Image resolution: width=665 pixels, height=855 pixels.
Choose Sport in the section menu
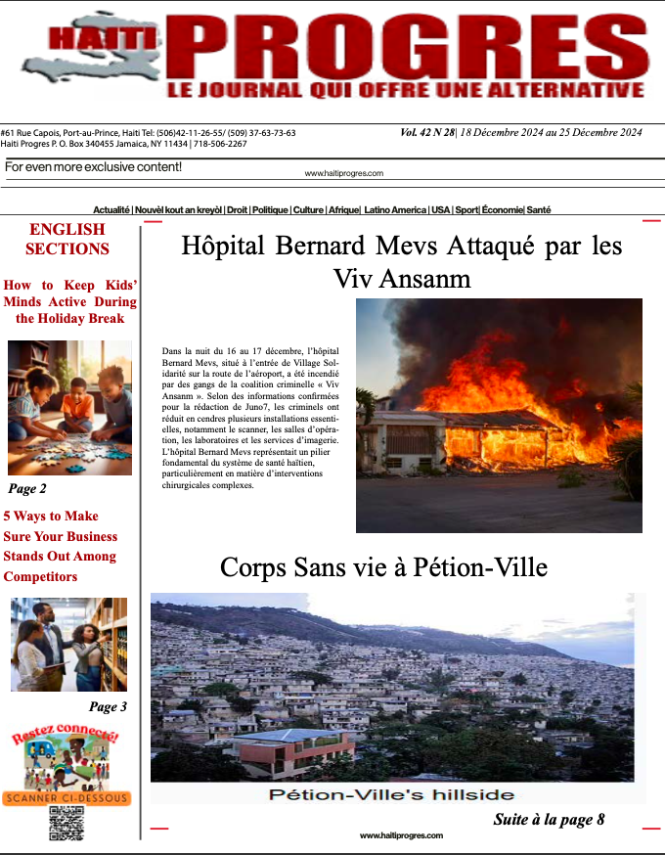(467, 210)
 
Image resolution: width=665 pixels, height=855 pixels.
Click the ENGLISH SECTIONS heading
(67, 239)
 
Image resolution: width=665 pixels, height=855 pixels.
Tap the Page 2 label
(27, 488)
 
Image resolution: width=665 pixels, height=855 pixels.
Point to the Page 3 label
(108, 706)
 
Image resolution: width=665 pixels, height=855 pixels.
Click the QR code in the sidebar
(66, 823)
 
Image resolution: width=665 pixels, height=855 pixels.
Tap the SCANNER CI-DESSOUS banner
(66, 798)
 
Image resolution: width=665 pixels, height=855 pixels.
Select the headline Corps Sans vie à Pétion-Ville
(383, 567)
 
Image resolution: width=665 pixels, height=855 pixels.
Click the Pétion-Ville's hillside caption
(391, 793)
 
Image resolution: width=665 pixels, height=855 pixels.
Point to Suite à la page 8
(549, 820)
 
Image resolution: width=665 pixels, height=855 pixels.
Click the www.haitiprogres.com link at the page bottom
(401, 835)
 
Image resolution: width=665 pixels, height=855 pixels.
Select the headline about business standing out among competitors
(61, 546)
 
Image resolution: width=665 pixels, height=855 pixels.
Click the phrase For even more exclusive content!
(93, 167)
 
